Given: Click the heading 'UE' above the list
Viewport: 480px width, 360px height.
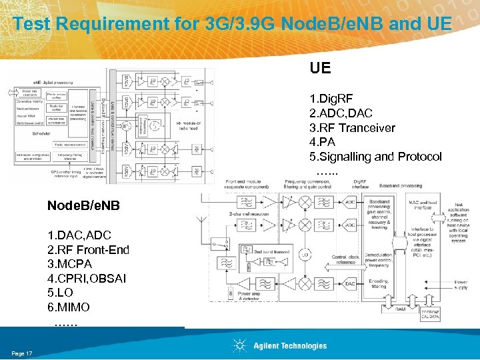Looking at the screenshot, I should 320,68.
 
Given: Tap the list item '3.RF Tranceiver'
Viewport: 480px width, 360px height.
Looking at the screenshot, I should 352,128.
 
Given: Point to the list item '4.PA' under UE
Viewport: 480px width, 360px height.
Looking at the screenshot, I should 322,142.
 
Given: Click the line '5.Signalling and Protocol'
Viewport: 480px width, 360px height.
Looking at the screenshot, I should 375,157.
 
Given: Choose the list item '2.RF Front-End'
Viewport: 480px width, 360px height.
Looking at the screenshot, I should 88,249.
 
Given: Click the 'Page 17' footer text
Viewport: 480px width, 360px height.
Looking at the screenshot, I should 22,353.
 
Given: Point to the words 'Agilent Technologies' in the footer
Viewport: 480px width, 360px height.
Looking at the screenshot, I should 290,346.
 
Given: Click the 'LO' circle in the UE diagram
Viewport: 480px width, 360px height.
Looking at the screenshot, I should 306,255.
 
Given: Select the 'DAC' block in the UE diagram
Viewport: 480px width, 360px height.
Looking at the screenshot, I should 351,283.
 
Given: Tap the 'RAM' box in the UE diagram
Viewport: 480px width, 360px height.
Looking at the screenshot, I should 399,309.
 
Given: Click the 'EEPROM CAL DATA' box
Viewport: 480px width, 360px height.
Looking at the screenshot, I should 429,314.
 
